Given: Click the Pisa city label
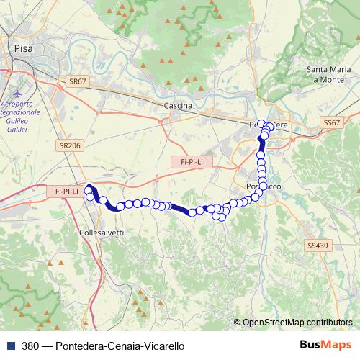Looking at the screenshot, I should (24, 48).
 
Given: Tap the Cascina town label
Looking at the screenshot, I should (178, 106).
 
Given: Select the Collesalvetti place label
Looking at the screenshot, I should (102, 233).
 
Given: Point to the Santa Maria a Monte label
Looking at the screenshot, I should (329, 74).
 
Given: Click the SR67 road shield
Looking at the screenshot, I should (78, 83).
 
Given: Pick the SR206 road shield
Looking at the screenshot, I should (70, 145).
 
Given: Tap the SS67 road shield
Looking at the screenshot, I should (331, 123).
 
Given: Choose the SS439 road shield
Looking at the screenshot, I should (317, 246).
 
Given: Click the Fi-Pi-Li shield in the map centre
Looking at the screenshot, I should (188, 162).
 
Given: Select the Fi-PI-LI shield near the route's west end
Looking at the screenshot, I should (66, 192).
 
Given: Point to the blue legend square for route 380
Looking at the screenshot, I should (10, 346).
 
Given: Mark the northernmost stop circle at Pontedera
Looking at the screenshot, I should (261, 123).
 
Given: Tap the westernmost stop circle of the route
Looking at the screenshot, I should (89, 189).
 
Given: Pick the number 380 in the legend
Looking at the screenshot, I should (30, 346).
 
